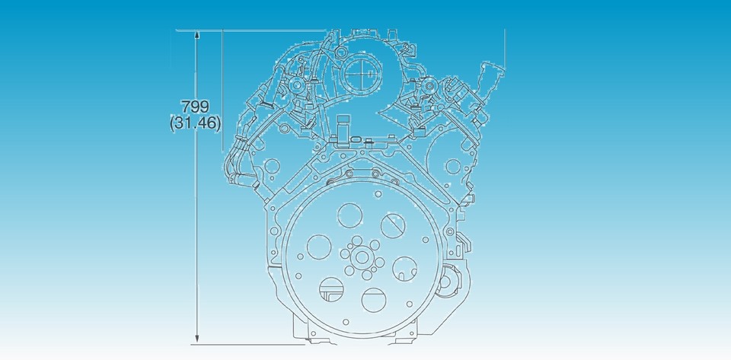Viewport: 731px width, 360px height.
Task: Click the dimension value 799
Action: (x=195, y=107)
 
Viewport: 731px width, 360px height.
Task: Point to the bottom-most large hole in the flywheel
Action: (x=375, y=299)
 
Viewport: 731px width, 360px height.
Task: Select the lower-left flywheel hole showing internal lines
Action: (x=332, y=288)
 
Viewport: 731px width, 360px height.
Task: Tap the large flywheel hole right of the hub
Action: (x=404, y=267)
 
